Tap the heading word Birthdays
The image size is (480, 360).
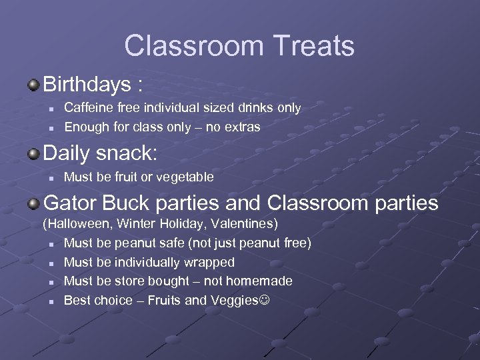87,85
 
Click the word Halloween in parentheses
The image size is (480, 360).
77,223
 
